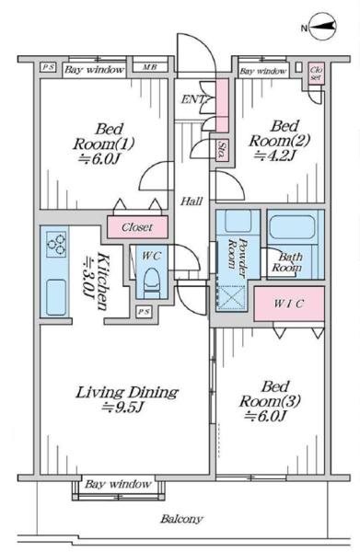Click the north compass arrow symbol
click(x=322, y=27)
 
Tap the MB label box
click(x=150, y=67)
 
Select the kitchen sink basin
click(x=56, y=296)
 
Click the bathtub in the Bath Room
click(x=292, y=226)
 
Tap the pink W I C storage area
click(x=289, y=304)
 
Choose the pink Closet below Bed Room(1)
click(x=137, y=227)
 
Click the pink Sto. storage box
click(x=222, y=150)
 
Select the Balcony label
click(x=181, y=519)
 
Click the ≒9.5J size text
click(x=122, y=408)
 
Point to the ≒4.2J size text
click(x=274, y=155)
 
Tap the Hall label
click(x=192, y=201)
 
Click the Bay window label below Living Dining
click(x=118, y=484)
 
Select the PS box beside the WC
click(x=144, y=312)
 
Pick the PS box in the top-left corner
click(x=48, y=67)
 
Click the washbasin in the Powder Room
click(x=238, y=221)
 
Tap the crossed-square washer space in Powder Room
click(x=231, y=298)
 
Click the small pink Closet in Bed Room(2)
click(x=316, y=74)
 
